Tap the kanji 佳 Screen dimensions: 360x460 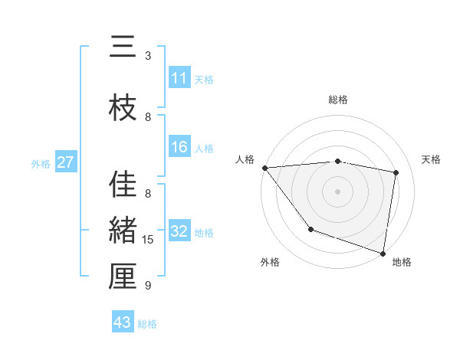click(122, 185)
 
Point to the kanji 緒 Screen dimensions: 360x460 click(122, 231)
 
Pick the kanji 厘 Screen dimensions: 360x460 click(122, 277)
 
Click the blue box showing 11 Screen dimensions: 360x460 click(179, 78)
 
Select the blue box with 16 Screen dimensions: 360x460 click(179, 147)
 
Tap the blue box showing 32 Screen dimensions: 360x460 click(179, 232)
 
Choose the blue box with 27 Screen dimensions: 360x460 click(66, 162)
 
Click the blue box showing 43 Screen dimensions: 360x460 click(123, 322)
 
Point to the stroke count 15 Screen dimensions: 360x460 click(148, 240)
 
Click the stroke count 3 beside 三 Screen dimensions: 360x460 click(148, 56)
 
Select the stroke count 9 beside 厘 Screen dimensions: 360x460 click(148, 286)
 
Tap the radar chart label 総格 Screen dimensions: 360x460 click(338, 100)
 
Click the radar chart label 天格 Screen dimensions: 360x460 click(432, 159)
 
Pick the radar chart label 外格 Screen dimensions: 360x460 click(270, 262)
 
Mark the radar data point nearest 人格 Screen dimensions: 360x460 click(264, 168)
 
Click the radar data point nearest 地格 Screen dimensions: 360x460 click(383, 253)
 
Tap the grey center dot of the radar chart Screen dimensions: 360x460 click(338, 191)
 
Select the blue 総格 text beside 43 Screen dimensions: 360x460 click(147, 323)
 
